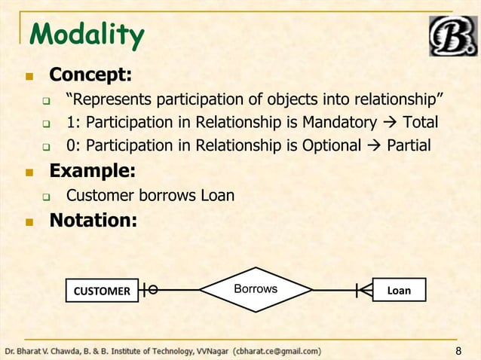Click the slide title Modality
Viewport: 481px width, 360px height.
point(85,35)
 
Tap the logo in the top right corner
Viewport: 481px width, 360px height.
point(452,35)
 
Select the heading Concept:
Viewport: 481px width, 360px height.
point(90,75)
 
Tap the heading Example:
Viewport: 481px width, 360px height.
point(92,171)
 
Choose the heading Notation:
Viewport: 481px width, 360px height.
point(93,221)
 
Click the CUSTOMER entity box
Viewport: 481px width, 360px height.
point(101,290)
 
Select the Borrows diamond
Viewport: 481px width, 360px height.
point(256,289)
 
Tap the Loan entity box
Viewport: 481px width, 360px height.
point(399,290)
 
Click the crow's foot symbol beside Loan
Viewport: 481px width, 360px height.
point(366,289)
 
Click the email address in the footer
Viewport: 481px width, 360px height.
point(277,351)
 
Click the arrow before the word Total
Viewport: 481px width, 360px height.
point(390,122)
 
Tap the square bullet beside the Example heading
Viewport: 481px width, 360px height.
point(29,172)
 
